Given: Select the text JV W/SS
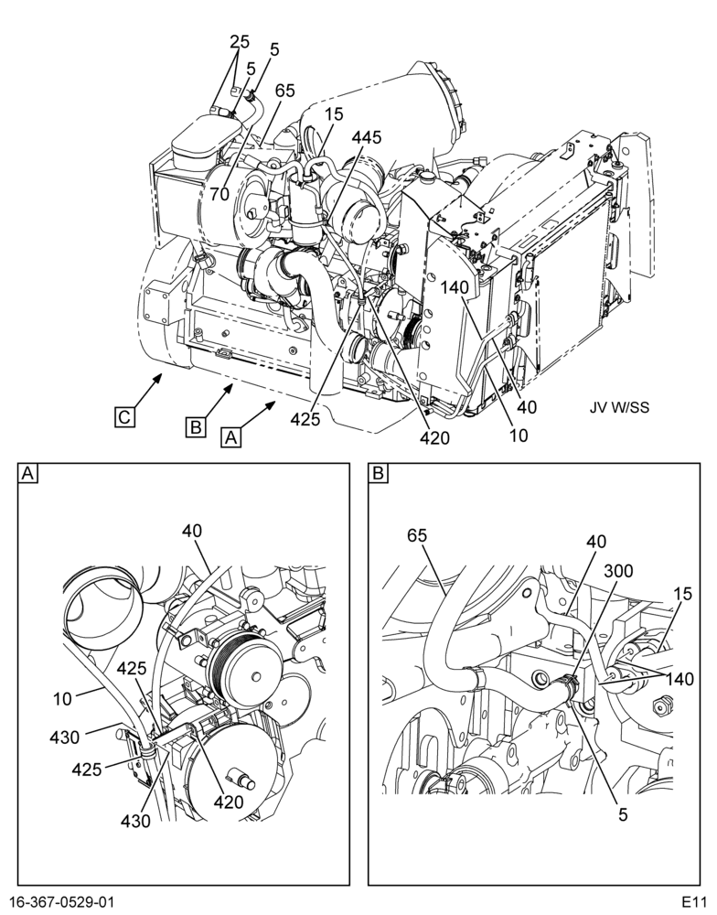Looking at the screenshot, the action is point(619,407).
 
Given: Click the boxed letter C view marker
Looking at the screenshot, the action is point(124,417).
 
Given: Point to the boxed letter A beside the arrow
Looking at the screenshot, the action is point(231,436).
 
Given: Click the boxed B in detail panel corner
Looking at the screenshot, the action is point(378,473).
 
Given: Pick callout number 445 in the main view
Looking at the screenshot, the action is point(367,137).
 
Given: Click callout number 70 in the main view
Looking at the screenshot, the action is point(219,194).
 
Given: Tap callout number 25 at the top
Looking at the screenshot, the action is point(240,42).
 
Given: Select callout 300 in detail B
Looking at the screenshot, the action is point(618,571).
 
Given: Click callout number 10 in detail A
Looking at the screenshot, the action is point(63,698).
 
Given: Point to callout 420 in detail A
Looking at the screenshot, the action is point(228,802).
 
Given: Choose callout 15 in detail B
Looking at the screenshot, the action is point(681,594).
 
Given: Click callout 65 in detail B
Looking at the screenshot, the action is point(417,535).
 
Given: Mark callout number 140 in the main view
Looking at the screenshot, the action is point(455,286).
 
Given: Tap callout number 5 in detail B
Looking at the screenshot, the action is point(623,814).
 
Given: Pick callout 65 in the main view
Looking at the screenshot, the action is point(285,91).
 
